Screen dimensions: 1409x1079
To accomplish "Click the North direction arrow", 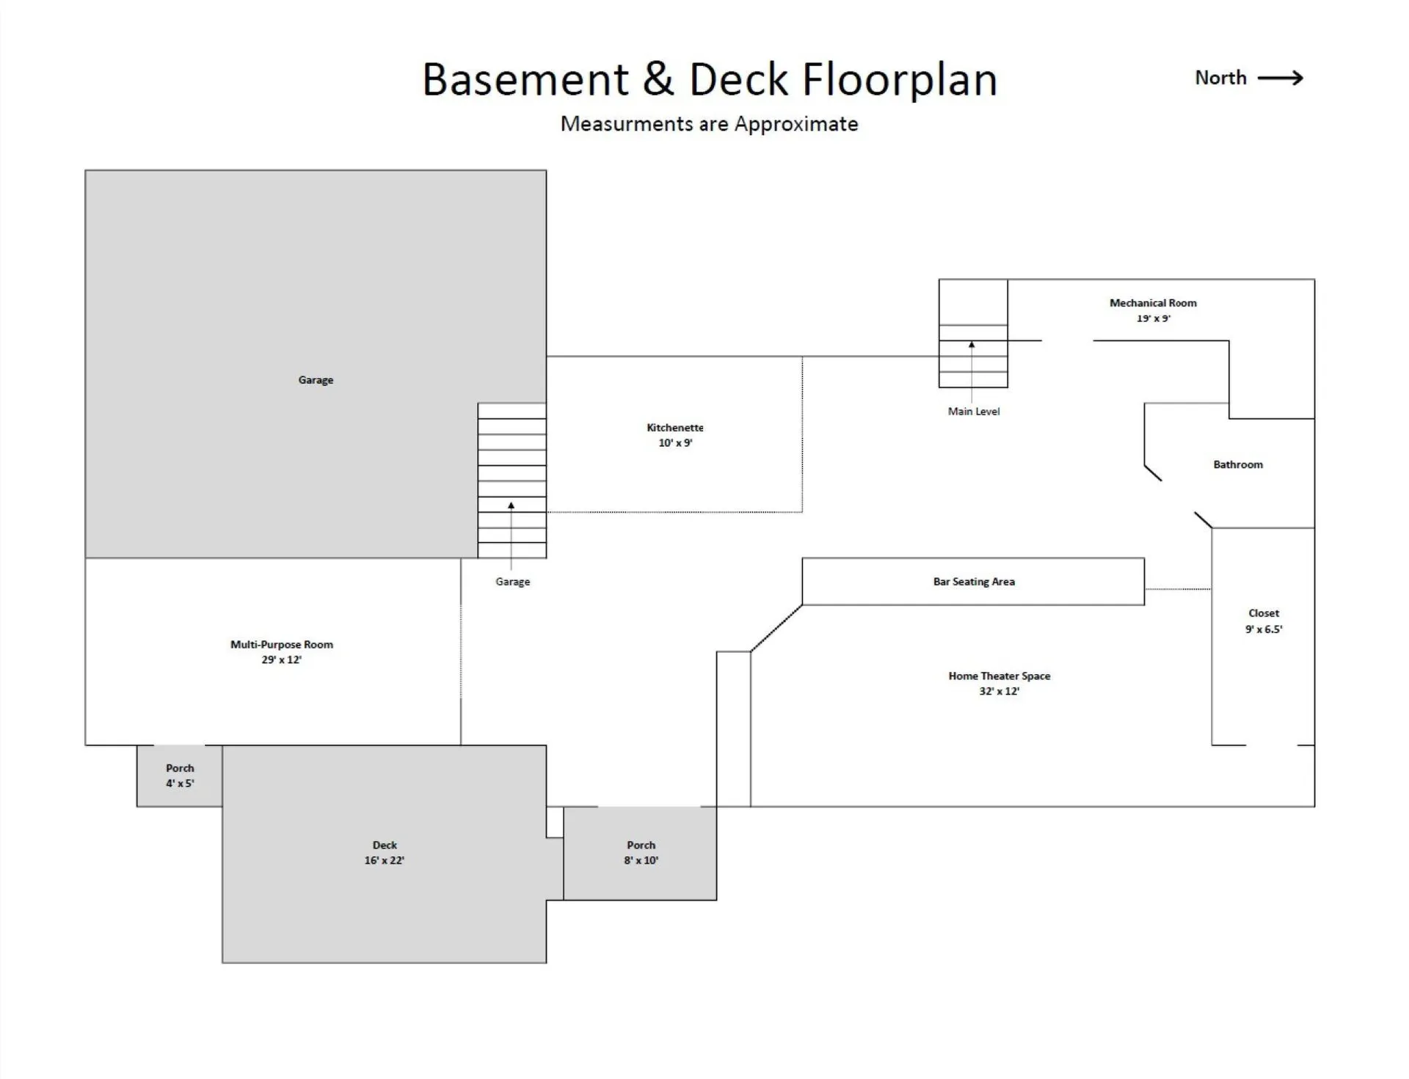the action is point(1280,78).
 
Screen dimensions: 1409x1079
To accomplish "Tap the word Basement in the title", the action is point(525,78).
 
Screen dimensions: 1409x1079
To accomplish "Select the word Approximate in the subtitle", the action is point(796,125).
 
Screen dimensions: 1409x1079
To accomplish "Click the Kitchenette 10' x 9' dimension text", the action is point(675,443).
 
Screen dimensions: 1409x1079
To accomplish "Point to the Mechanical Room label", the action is point(1153,303).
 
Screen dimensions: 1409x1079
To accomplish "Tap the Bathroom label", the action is point(1238,464).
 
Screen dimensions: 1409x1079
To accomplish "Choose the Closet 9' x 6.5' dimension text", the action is point(1264,629).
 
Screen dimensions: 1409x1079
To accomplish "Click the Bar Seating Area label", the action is point(974,582).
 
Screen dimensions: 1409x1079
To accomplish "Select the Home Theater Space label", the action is point(999,676).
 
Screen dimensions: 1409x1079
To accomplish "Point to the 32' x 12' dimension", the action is point(999,691).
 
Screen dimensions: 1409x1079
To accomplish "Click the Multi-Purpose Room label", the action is point(282,645).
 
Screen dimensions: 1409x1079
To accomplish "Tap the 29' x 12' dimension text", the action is point(282,659).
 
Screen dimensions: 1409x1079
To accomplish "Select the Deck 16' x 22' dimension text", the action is point(385,860).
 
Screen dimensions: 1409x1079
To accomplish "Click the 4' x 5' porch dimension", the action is point(180,783).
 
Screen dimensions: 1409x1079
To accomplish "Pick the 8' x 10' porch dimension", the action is point(641,860).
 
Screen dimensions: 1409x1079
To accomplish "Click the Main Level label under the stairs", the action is point(974,412).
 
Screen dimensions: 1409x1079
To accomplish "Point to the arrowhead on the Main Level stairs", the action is point(972,344).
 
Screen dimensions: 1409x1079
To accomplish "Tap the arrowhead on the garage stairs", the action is point(511,505).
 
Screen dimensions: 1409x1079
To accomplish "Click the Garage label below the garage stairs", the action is point(512,582).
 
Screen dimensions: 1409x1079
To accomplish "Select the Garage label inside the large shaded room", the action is point(316,380).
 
